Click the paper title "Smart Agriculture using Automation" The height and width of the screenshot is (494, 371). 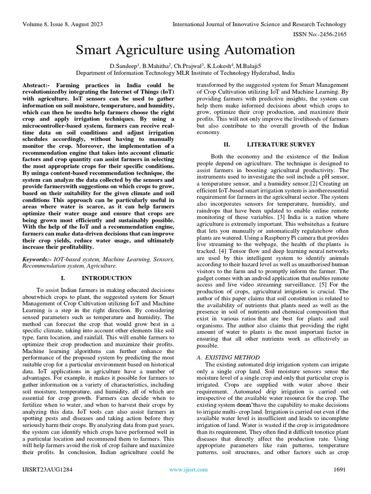(185, 50)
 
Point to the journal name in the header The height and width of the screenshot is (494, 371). (260, 24)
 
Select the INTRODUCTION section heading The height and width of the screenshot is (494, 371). (106, 278)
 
